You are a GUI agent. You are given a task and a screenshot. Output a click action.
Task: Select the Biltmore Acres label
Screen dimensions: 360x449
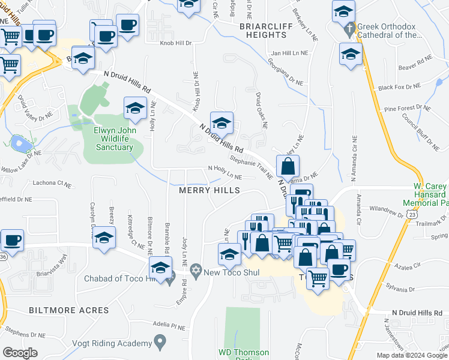point(69,310)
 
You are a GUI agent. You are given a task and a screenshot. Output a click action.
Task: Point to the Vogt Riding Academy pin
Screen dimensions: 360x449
point(159,343)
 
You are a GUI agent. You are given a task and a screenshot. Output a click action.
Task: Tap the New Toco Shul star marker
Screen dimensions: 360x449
point(195,272)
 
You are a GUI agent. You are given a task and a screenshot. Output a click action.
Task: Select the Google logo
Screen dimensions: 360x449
point(20,353)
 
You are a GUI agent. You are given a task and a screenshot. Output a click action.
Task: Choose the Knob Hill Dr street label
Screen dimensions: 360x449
point(175,43)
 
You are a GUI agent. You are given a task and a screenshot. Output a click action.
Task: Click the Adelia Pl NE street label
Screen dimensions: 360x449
point(169,326)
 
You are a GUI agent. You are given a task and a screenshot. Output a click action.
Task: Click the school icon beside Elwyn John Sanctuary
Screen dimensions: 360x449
point(135,108)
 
